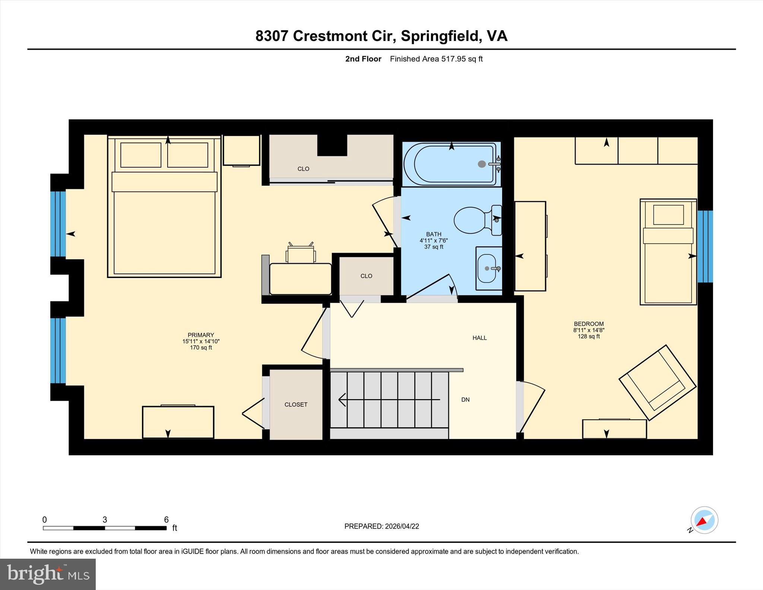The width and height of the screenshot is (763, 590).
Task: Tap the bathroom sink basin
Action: (487, 268)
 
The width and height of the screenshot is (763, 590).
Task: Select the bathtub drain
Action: (482, 164)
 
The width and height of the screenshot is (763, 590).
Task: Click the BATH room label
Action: (434, 234)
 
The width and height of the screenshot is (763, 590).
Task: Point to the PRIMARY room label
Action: (201, 335)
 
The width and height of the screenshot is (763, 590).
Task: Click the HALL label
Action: (479, 338)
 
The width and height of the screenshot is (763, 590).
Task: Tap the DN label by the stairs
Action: (465, 400)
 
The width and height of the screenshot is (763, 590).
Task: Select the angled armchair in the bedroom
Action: (658, 383)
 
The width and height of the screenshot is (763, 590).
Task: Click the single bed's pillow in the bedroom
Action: (668, 215)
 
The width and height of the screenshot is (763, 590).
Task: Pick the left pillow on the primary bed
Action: (141, 155)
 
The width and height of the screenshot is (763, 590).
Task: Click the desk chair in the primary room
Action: (301, 254)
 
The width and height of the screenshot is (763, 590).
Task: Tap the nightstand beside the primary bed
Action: (241, 150)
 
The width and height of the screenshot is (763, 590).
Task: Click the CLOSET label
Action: (296, 404)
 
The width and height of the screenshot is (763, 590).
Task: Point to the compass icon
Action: (704, 520)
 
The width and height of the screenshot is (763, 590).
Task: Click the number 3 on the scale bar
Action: (105, 520)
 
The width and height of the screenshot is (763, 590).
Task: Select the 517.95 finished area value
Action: (453, 59)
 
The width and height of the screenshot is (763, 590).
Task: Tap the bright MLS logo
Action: (48, 574)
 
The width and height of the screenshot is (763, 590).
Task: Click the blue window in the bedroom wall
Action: (705, 246)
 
